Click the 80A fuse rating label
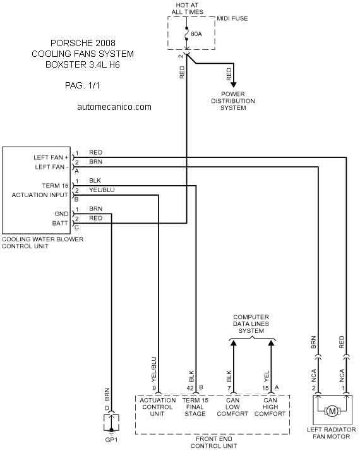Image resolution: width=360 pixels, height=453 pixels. point(196,34)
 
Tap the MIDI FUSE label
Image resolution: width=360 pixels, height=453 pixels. point(232,18)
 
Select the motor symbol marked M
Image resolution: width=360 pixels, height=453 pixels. point(332,411)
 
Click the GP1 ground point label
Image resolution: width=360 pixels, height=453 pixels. point(111,440)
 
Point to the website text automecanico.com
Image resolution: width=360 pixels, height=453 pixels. point(114,107)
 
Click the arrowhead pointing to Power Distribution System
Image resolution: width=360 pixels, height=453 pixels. point(233,85)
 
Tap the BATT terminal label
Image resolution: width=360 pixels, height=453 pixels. point(60,223)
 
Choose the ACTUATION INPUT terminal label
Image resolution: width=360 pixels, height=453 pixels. point(40,195)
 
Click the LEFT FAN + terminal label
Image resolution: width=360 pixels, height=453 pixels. point(51,157)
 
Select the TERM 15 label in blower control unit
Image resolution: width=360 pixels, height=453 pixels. point(55,186)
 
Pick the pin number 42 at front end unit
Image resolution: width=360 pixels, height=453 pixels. point(190,388)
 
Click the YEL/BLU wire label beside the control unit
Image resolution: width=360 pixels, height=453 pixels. point(102,190)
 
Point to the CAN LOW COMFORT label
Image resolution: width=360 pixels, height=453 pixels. point(232,407)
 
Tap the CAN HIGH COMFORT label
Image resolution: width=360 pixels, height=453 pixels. point(270,407)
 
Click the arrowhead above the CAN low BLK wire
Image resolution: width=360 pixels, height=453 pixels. point(233,342)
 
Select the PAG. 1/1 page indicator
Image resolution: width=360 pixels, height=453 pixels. point(82,85)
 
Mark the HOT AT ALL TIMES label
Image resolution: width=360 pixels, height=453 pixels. point(188,9)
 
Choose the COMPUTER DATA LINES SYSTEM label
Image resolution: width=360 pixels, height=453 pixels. point(251,324)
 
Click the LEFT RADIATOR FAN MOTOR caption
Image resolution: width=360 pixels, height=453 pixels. point(332,433)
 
